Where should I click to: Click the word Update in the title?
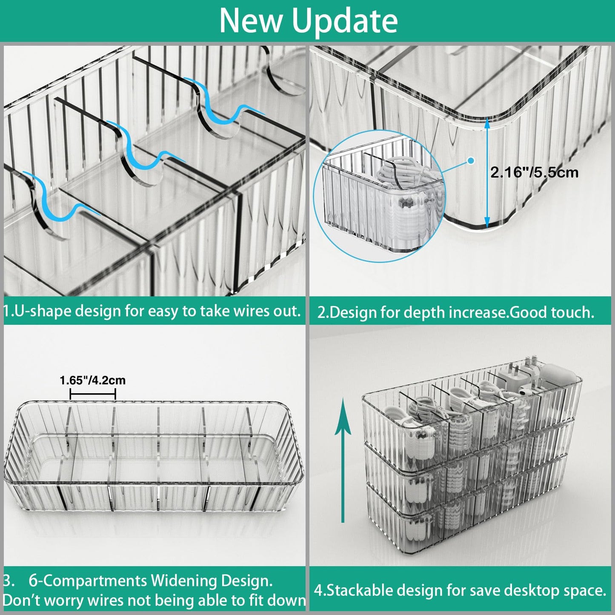coord(344,21)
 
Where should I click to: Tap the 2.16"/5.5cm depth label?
coord(534,172)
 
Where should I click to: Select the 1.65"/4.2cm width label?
coord(93,380)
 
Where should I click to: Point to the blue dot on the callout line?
coord(471,161)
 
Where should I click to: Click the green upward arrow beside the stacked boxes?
coord(343,460)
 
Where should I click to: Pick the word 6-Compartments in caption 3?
coord(88,581)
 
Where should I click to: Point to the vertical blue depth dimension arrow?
coord(487,172)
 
